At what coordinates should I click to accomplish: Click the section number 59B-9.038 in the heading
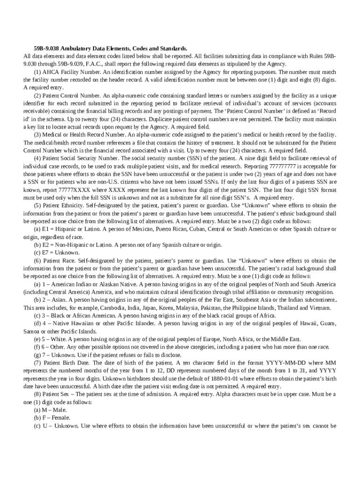(45, 48)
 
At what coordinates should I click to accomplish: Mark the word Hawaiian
(82, 323)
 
